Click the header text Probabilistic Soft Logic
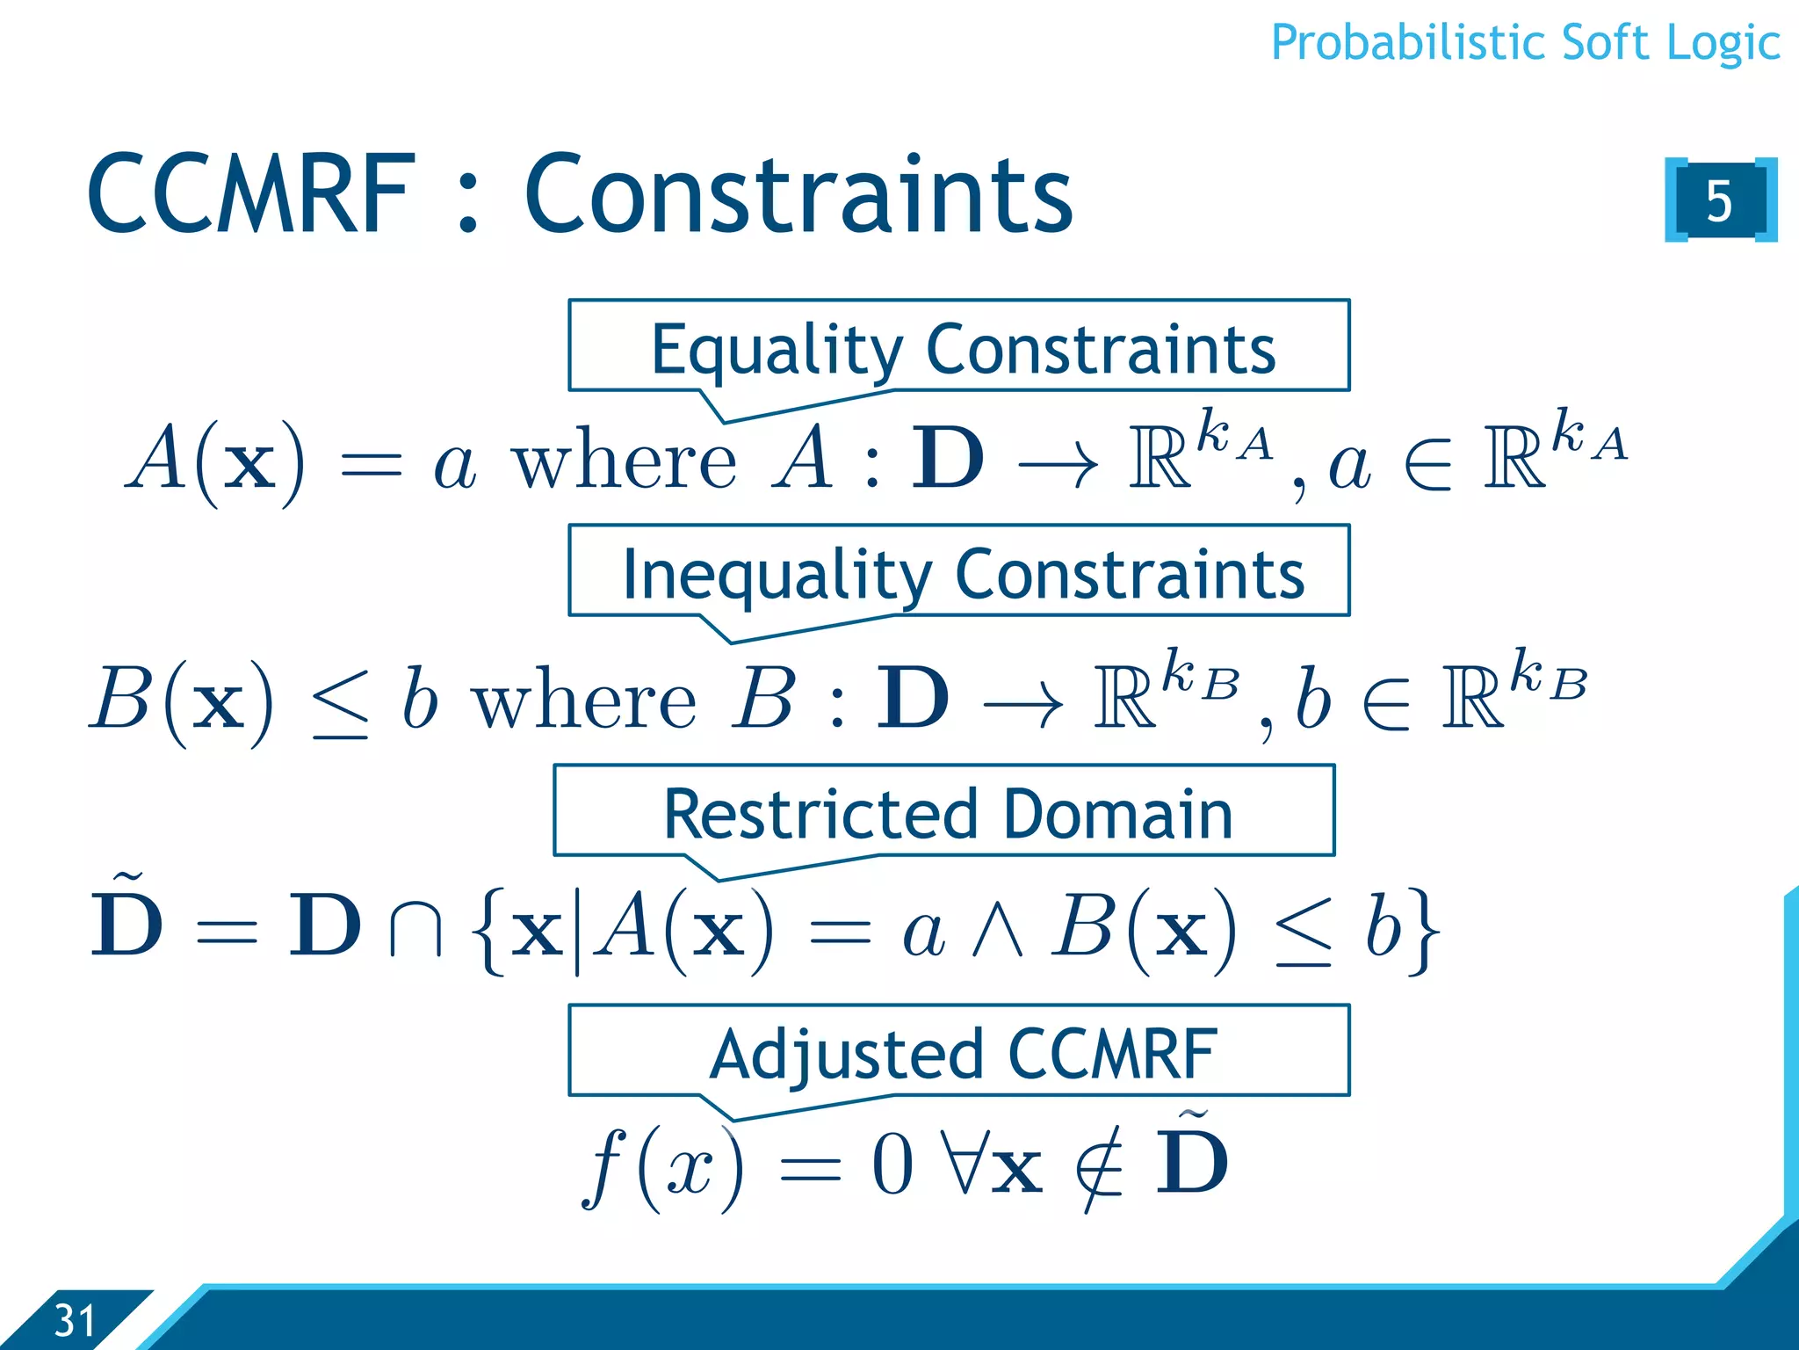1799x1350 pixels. pyautogui.click(x=1525, y=42)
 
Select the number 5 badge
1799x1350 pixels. pyautogui.click(x=1719, y=200)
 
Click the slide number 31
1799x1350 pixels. pyautogui.click(x=74, y=1320)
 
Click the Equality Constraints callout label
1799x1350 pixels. pyautogui.click(x=962, y=348)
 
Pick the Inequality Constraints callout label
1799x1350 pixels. pyautogui.click(x=962, y=573)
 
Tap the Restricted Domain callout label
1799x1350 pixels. pyautogui.click(x=947, y=813)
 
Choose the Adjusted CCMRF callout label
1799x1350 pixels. pyautogui.click(x=962, y=1053)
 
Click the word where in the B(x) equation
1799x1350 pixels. pyautogui.click(x=585, y=700)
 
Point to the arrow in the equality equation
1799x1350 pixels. pyautogui.click(x=1057, y=463)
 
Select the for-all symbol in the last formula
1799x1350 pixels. pyautogui.click(x=963, y=1165)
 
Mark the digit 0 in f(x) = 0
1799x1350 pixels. pyautogui.click(x=892, y=1165)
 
